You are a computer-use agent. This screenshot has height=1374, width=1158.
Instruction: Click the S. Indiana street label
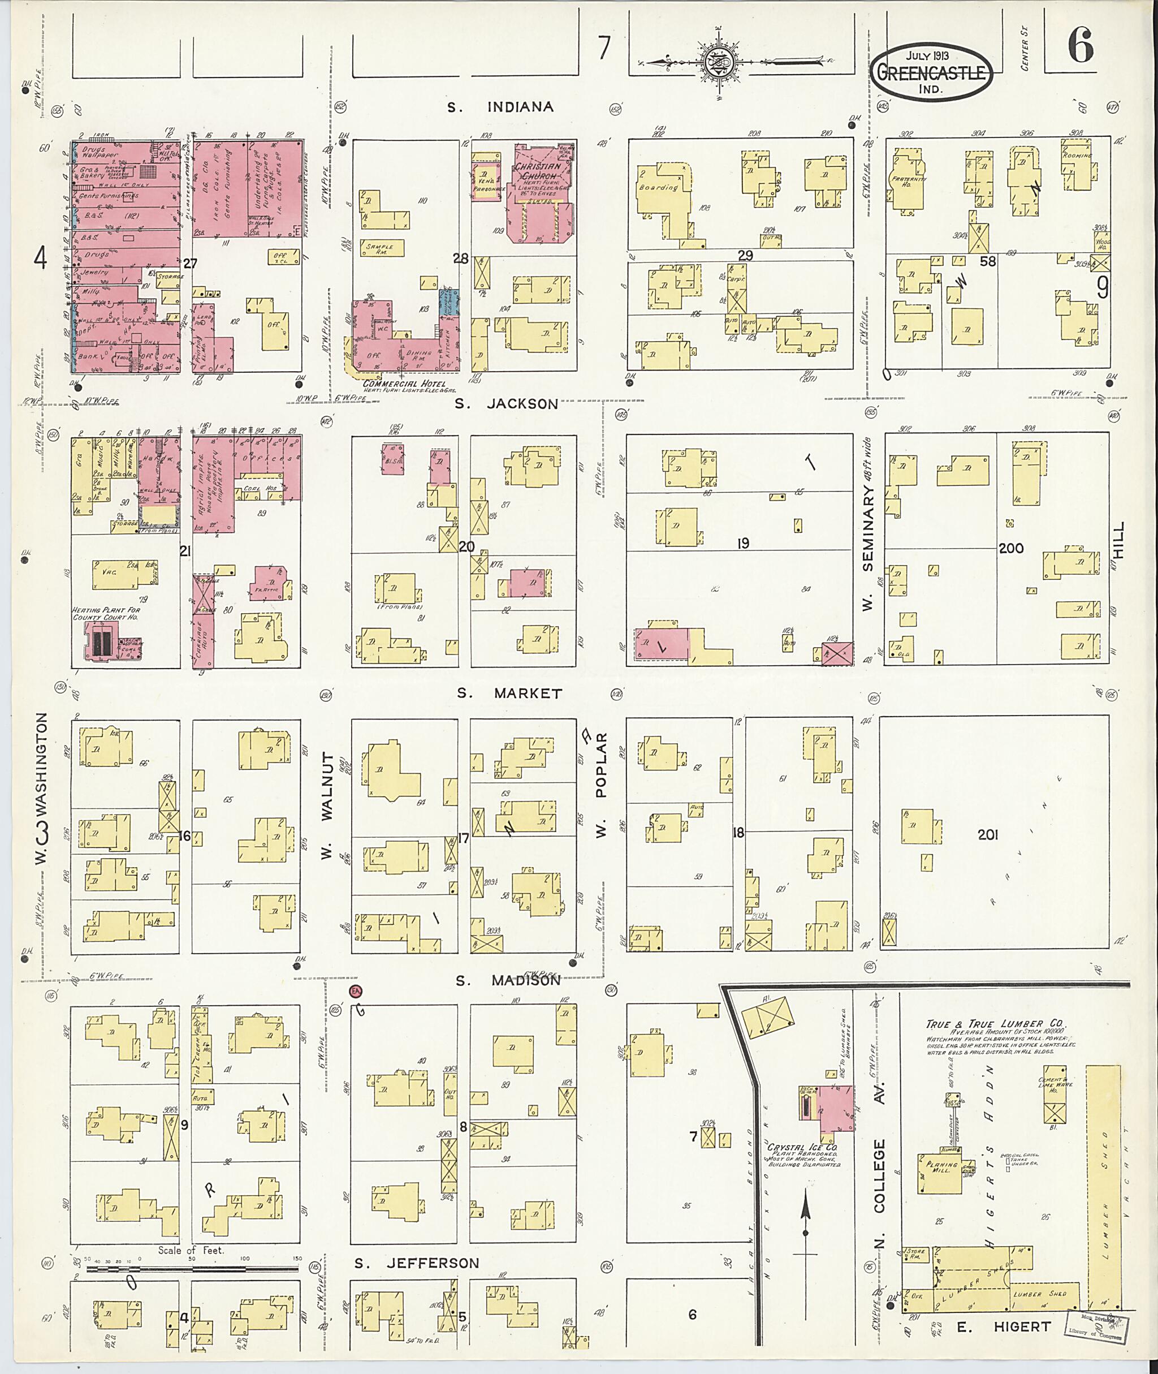click(500, 107)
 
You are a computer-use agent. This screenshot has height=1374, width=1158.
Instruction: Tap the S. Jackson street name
click(506, 403)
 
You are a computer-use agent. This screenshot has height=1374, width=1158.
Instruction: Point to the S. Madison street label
click(509, 981)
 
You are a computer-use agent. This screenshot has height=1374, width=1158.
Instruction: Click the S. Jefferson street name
click(417, 1263)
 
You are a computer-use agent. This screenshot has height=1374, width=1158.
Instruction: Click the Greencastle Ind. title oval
click(932, 71)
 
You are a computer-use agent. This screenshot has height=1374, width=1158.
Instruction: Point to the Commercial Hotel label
click(404, 384)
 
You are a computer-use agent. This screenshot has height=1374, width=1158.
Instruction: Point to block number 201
click(987, 834)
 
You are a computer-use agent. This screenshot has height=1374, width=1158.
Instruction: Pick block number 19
click(742, 543)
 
